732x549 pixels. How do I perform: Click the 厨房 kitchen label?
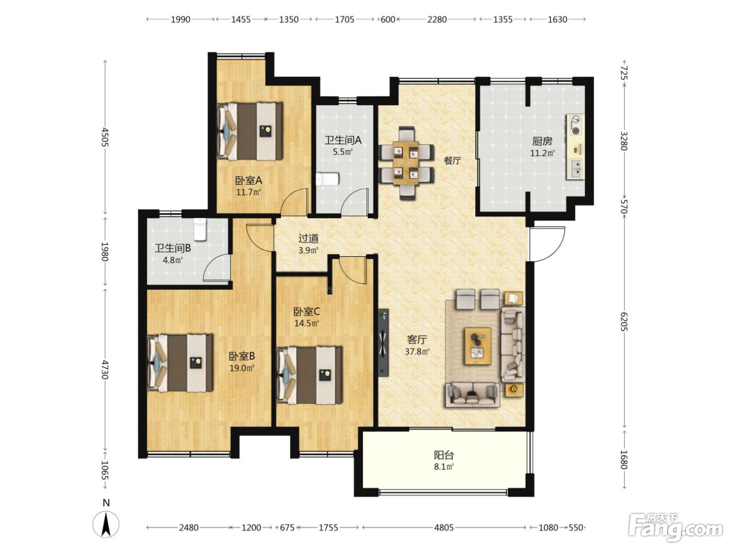click(542, 142)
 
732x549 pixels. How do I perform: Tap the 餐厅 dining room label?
click(452, 161)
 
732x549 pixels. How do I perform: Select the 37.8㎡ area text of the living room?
click(417, 351)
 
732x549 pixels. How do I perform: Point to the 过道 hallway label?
click(308, 238)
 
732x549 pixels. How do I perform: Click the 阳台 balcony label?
click(444, 455)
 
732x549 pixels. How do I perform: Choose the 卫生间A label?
click(343, 140)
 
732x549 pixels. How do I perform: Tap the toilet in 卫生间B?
click(200, 230)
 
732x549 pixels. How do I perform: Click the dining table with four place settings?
click(406, 163)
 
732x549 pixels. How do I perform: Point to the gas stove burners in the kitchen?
click(576, 125)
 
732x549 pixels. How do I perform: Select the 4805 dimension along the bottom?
click(444, 528)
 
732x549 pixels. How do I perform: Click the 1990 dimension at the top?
click(180, 20)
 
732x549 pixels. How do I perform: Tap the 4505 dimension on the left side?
click(105, 136)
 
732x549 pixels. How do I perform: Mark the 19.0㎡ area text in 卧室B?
click(242, 368)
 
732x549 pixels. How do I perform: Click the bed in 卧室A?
click(249, 130)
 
